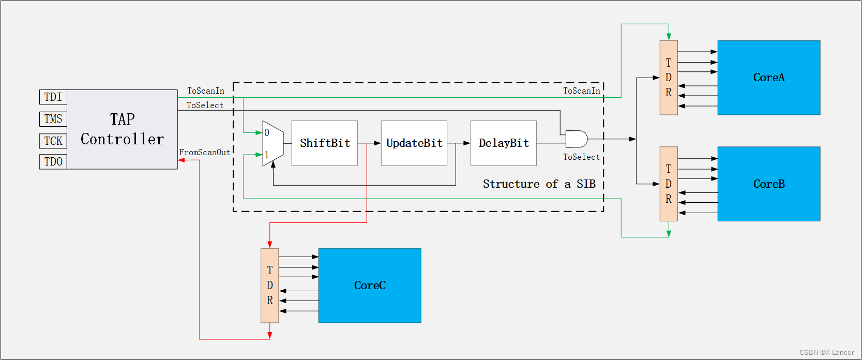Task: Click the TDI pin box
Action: click(x=53, y=97)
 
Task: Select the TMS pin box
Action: click(x=53, y=119)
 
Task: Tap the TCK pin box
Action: click(x=53, y=141)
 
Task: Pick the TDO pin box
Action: click(x=53, y=162)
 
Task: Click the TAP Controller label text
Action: click(x=122, y=129)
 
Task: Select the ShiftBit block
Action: click(x=325, y=143)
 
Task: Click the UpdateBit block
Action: click(x=414, y=143)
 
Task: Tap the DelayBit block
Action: click(x=504, y=143)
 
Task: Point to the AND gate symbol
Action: click(x=576, y=139)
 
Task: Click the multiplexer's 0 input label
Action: click(x=267, y=133)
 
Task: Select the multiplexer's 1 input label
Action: click(x=267, y=155)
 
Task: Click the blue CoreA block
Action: click(x=769, y=78)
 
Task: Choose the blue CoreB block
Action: click(x=769, y=184)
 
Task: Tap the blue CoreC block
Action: click(x=370, y=286)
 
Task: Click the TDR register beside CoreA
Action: click(x=669, y=78)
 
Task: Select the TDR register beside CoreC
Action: click(x=269, y=286)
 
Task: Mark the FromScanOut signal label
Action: click(x=205, y=153)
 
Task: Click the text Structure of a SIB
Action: click(x=539, y=184)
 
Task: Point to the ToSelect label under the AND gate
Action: click(x=581, y=157)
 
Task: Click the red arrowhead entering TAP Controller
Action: click(x=182, y=160)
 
